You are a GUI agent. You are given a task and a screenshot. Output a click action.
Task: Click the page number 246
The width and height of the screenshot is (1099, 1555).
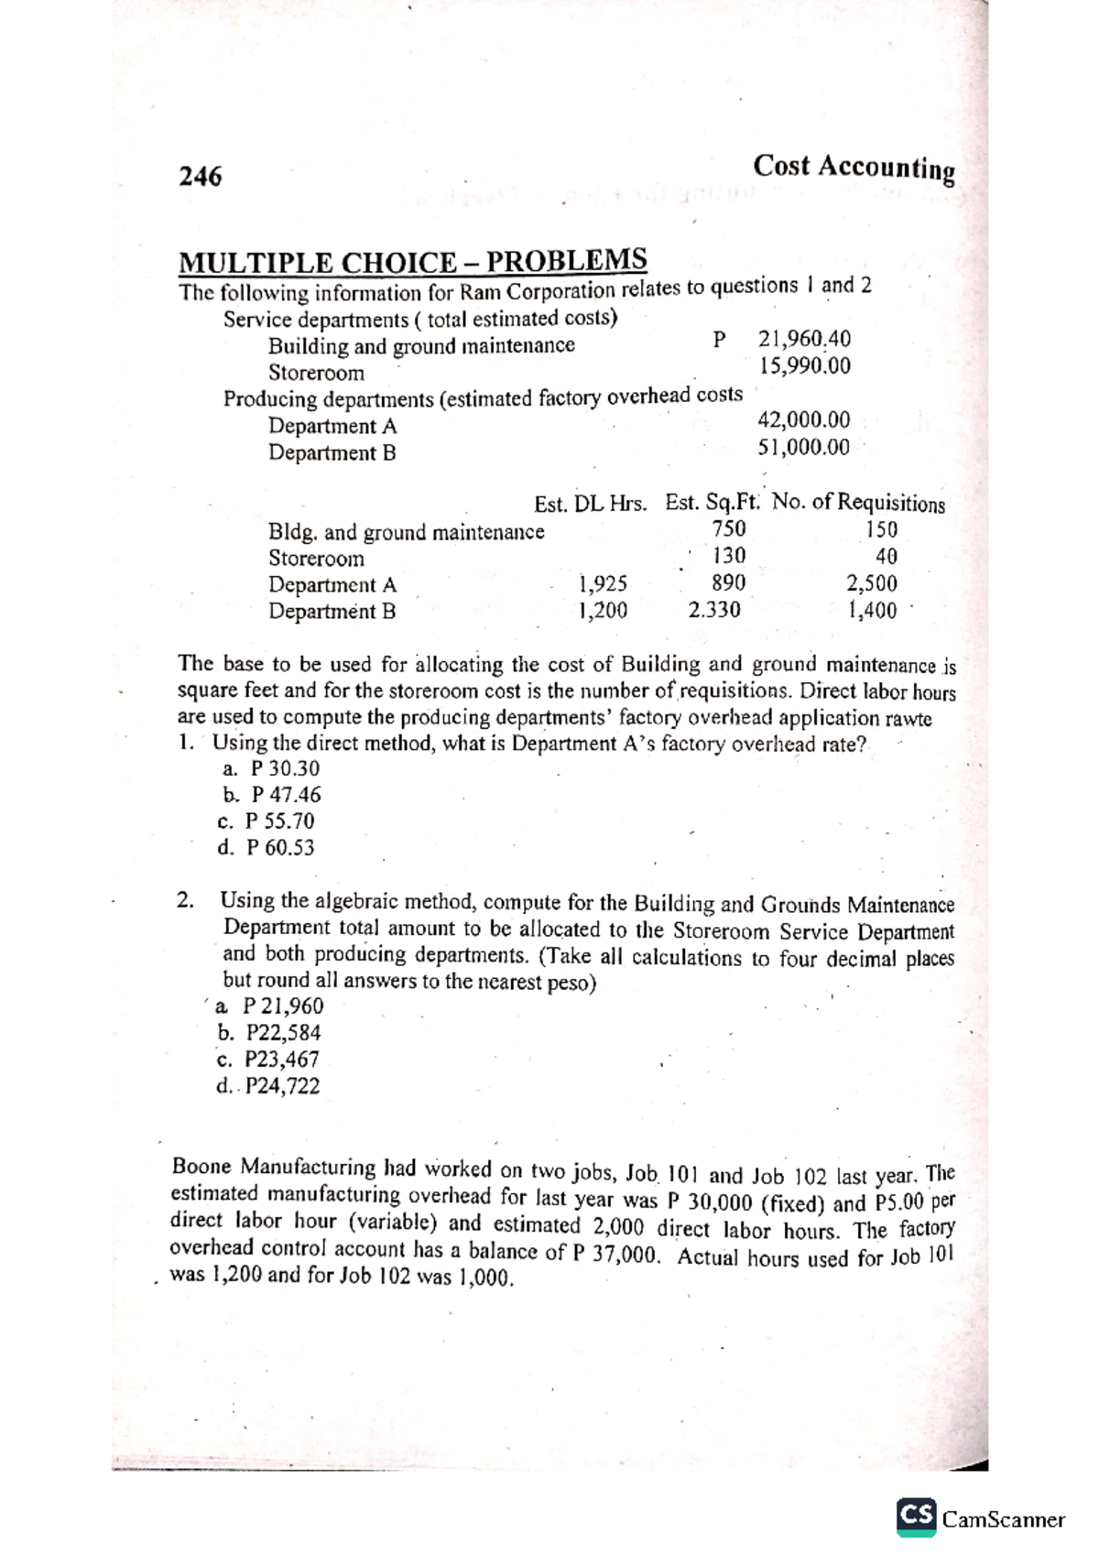pyautogui.click(x=200, y=176)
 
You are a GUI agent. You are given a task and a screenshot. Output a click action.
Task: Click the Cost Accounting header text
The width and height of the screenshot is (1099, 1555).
pyautogui.click(x=854, y=168)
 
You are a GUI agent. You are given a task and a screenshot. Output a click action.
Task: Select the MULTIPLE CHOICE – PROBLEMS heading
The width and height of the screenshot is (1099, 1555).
pyautogui.click(x=412, y=262)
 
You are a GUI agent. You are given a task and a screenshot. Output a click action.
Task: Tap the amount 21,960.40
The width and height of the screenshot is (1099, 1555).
pyautogui.click(x=804, y=339)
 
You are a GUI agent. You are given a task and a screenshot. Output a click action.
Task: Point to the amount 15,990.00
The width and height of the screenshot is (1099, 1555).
pyautogui.click(x=804, y=366)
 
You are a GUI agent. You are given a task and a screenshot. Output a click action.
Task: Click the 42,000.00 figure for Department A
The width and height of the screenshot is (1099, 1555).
pyautogui.click(x=803, y=420)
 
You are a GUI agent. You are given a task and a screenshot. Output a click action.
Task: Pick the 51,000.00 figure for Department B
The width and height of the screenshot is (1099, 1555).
pyautogui.click(x=803, y=448)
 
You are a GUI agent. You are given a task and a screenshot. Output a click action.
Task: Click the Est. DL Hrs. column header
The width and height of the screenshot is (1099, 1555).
pyautogui.click(x=590, y=504)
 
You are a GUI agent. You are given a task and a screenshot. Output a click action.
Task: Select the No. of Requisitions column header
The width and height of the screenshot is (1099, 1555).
pyautogui.click(x=858, y=503)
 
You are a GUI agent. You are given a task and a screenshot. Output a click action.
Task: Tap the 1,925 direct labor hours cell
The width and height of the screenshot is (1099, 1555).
pyautogui.click(x=603, y=583)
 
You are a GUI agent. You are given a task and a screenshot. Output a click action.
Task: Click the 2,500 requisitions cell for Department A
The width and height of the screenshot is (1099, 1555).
pyautogui.click(x=871, y=583)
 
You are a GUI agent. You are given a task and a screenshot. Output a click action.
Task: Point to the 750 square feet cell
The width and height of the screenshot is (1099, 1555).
pyautogui.click(x=728, y=529)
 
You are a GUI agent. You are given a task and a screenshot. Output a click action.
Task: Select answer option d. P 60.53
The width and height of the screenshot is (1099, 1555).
pyautogui.click(x=267, y=848)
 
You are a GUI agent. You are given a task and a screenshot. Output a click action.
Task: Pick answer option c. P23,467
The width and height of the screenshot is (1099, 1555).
pyautogui.click(x=269, y=1060)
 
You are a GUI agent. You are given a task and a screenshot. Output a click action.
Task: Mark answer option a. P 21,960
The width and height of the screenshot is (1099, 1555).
pyautogui.click(x=269, y=1006)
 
